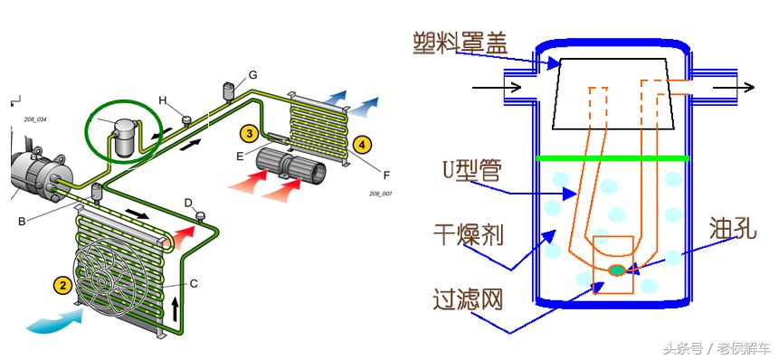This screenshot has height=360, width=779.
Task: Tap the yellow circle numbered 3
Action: [x=248, y=132]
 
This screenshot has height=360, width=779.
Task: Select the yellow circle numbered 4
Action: [x=362, y=144]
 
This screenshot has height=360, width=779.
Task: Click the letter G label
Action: [x=253, y=73]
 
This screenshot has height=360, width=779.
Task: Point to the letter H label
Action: [x=164, y=99]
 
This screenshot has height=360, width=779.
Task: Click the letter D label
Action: [x=188, y=202]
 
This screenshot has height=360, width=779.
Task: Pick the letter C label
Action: [x=193, y=283]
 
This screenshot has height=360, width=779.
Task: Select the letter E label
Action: [x=240, y=156]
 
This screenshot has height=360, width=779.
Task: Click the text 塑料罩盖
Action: [x=460, y=43]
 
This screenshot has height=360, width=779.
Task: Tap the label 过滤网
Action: [x=467, y=298]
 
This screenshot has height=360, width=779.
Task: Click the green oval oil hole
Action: [x=617, y=270]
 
